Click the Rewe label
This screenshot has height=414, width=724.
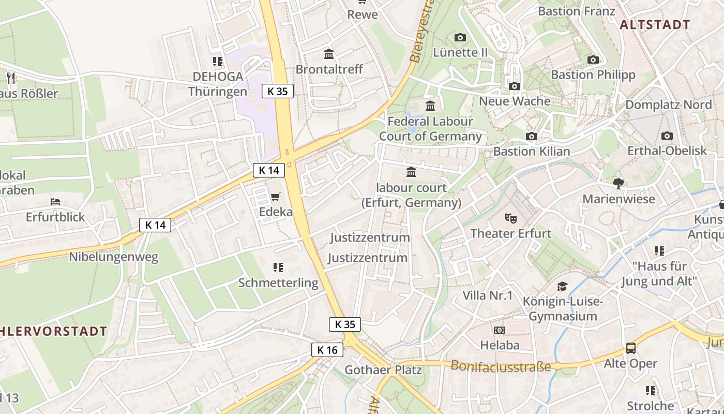(x=363, y=14)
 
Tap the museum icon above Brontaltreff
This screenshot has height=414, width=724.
(x=329, y=54)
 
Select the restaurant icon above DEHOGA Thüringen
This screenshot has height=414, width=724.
(x=218, y=62)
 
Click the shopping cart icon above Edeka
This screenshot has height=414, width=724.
(x=276, y=197)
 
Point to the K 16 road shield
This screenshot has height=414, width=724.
(x=327, y=350)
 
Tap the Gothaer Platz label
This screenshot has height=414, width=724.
(x=383, y=370)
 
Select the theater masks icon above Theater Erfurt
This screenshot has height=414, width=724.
(x=511, y=218)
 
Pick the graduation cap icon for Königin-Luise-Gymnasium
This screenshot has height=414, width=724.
(x=562, y=286)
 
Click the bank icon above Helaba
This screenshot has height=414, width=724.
(x=500, y=330)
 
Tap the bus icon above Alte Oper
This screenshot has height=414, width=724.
(x=631, y=348)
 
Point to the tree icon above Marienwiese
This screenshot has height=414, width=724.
(x=618, y=183)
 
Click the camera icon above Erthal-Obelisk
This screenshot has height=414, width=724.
(x=667, y=136)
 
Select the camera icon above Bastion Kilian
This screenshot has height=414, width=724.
(x=532, y=137)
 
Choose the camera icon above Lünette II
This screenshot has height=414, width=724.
(x=460, y=37)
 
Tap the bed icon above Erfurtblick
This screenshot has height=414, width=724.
(x=55, y=201)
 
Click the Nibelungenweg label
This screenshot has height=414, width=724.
(x=114, y=257)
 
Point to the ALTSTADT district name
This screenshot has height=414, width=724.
(x=655, y=24)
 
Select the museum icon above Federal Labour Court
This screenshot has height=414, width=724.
(x=430, y=106)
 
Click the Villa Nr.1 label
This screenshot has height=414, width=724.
(x=488, y=295)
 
